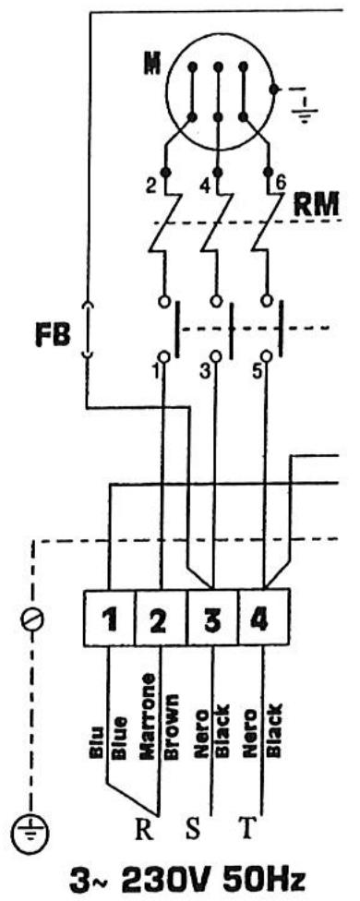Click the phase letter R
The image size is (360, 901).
(x=145, y=824)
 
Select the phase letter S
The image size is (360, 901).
(x=194, y=824)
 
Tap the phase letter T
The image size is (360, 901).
(x=246, y=824)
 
